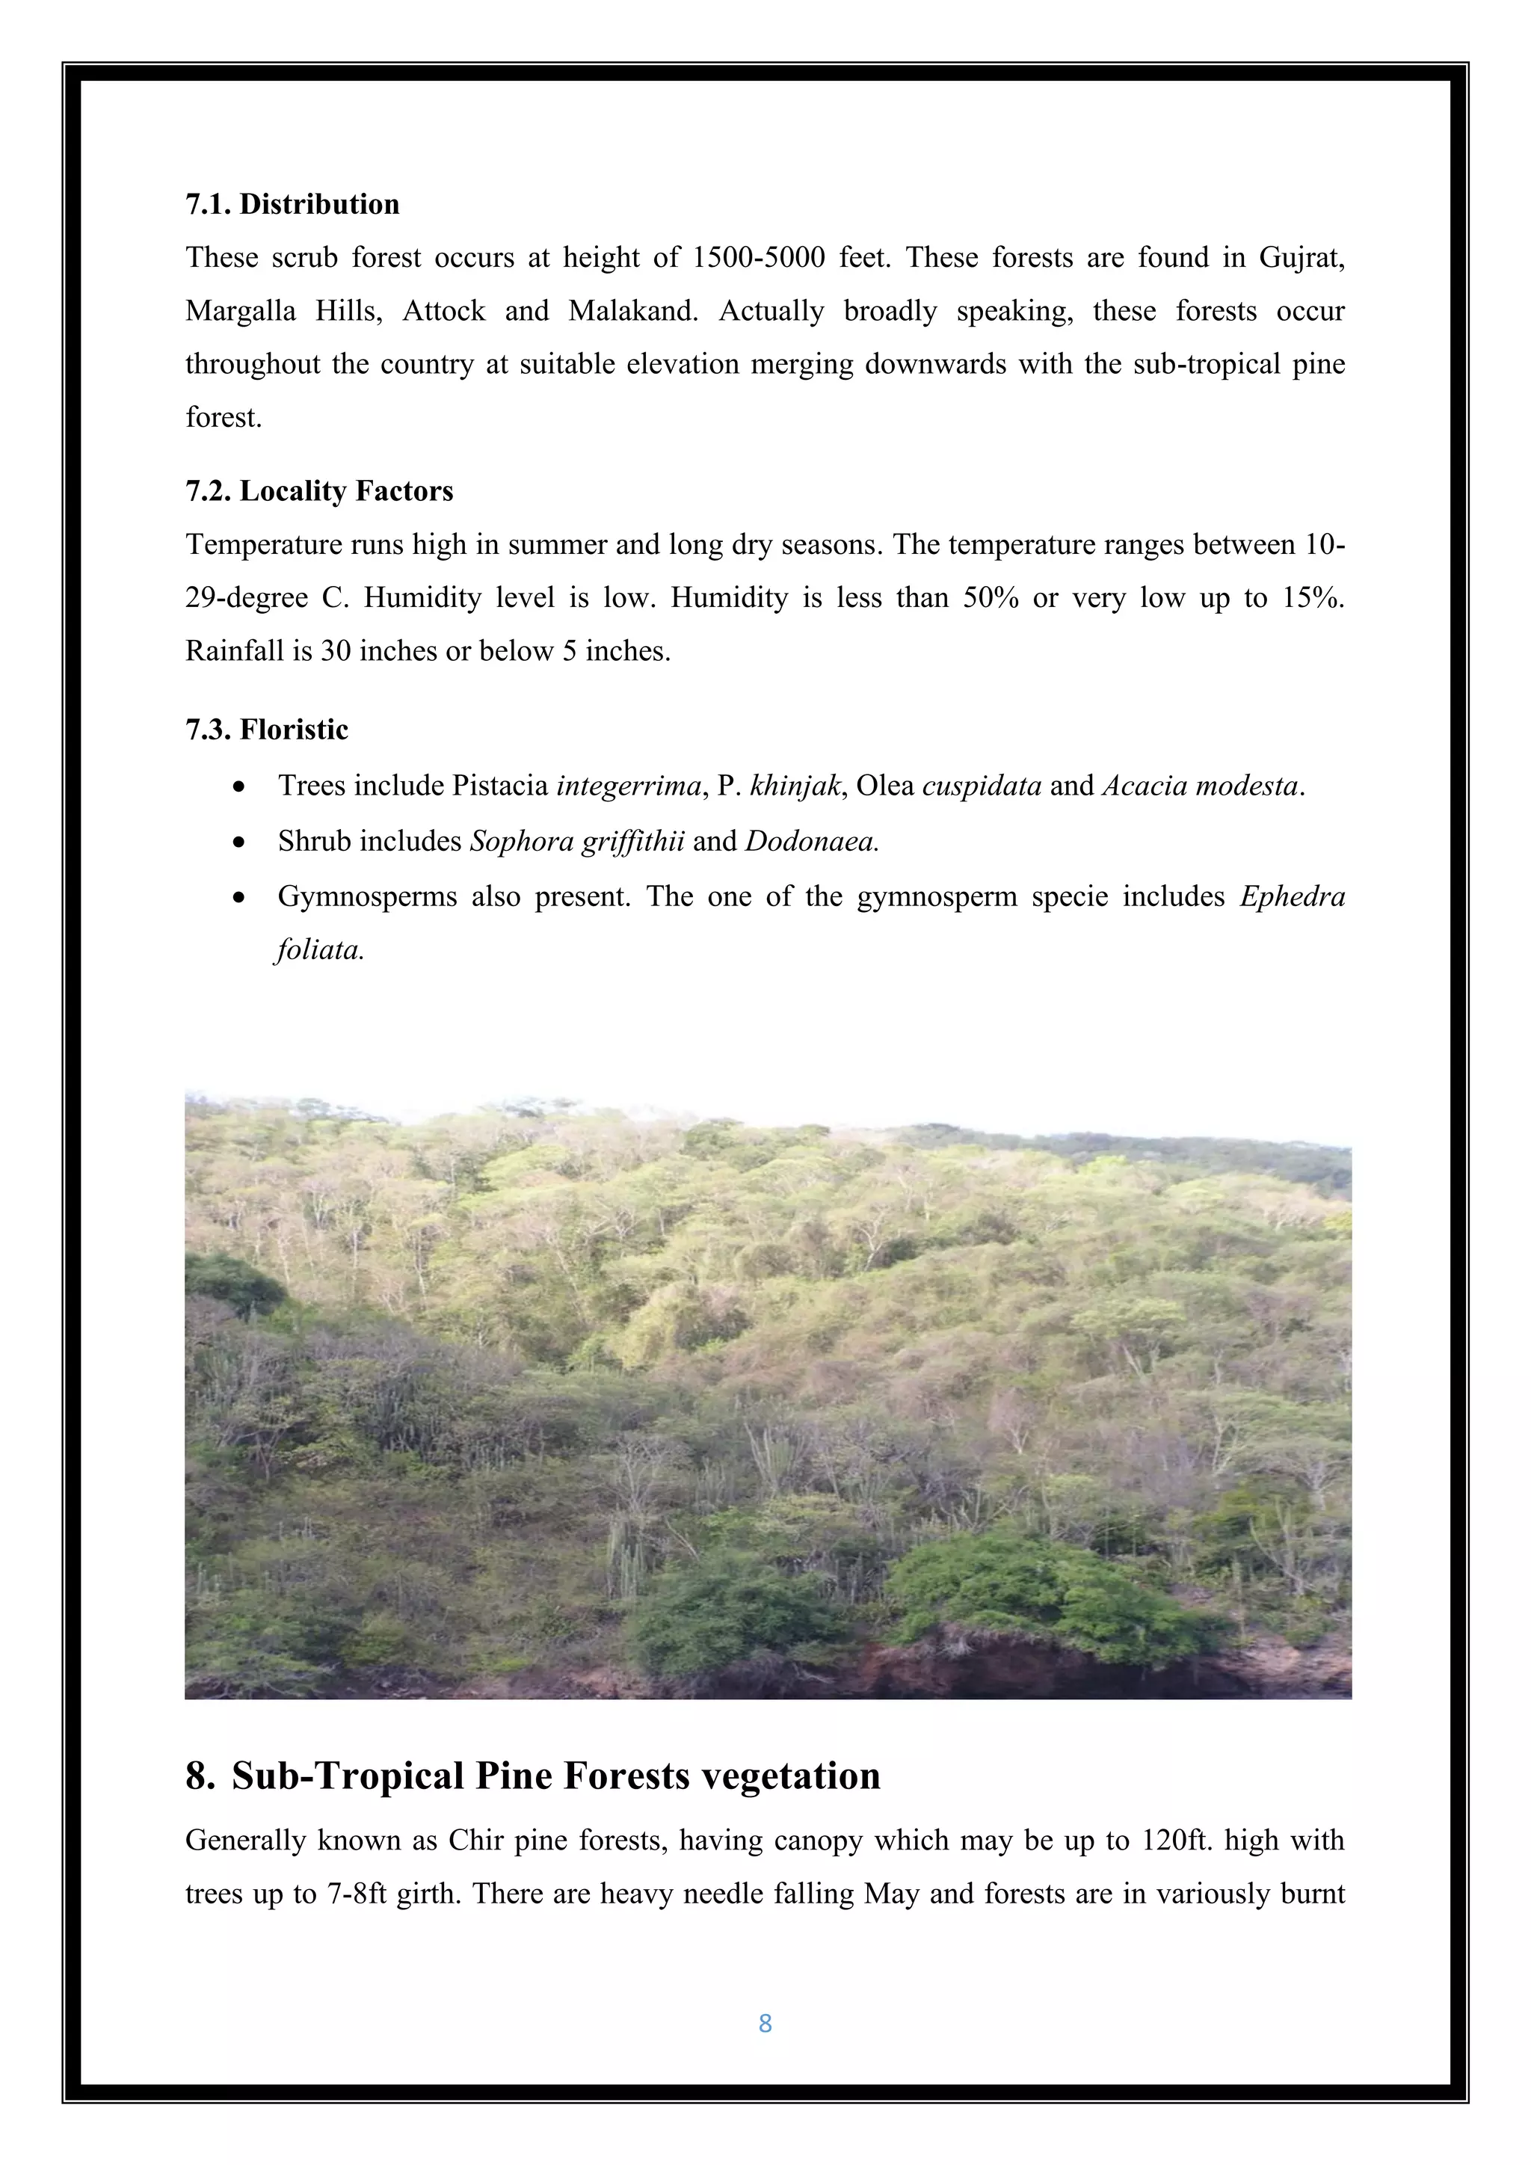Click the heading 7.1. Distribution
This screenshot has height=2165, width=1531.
292,205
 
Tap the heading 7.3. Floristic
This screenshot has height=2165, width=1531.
267,729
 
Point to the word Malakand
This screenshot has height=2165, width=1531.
632,311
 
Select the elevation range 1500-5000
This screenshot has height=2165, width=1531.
759,257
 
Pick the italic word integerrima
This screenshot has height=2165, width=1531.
629,786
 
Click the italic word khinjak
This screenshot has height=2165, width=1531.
794,786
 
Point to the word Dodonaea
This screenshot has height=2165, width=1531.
811,841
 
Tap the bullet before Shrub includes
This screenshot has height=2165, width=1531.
241,842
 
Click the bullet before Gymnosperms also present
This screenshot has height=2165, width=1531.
241,897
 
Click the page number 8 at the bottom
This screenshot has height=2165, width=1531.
765,2024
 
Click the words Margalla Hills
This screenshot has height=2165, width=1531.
283,311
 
